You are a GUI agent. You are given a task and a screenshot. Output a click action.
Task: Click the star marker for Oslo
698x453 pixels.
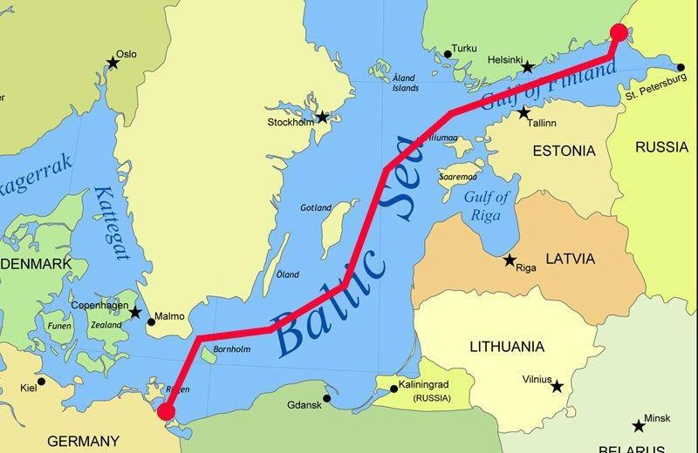pyautogui.click(x=113, y=62)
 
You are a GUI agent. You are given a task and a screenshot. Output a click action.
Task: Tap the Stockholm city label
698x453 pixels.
pyautogui.click(x=291, y=123)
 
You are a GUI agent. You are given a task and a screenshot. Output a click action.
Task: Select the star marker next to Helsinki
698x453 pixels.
pyautogui.click(x=527, y=66)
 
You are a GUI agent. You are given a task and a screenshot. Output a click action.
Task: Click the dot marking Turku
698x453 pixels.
pyautogui.click(x=448, y=54)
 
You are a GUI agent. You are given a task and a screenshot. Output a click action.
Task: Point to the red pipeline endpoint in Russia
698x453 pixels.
pyautogui.click(x=619, y=33)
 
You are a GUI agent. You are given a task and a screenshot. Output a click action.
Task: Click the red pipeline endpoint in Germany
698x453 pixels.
pyautogui.click(x=166, y=412)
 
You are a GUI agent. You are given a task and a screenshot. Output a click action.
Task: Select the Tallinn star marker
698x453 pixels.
pyautogui.click(x=523, y=113)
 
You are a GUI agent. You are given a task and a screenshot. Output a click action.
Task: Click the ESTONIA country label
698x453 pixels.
pyautogui.click(x=565, y=151)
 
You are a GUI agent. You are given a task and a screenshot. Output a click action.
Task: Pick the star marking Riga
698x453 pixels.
pyautogui.click(x=510, y=260)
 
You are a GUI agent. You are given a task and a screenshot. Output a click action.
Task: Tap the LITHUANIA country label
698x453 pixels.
pyautogui.click(x=507, y=347)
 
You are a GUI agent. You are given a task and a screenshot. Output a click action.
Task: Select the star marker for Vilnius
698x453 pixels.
pyautogui.click(x=557, y=386)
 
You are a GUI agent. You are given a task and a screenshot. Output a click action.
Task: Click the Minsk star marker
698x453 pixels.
pyautogui.click(x=640, y=426)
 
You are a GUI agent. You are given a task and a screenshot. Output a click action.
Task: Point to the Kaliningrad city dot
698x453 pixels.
pyautogui.click(x=393, y=389)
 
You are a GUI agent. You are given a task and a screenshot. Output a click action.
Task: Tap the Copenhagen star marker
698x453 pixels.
pyautogui.click(x=135, y=312)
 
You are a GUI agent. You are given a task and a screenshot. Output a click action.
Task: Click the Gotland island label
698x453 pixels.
pyautogui.click(x=315, y=208)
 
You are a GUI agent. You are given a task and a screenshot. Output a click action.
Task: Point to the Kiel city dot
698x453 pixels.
pyautogui.click(x=41, y=382)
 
